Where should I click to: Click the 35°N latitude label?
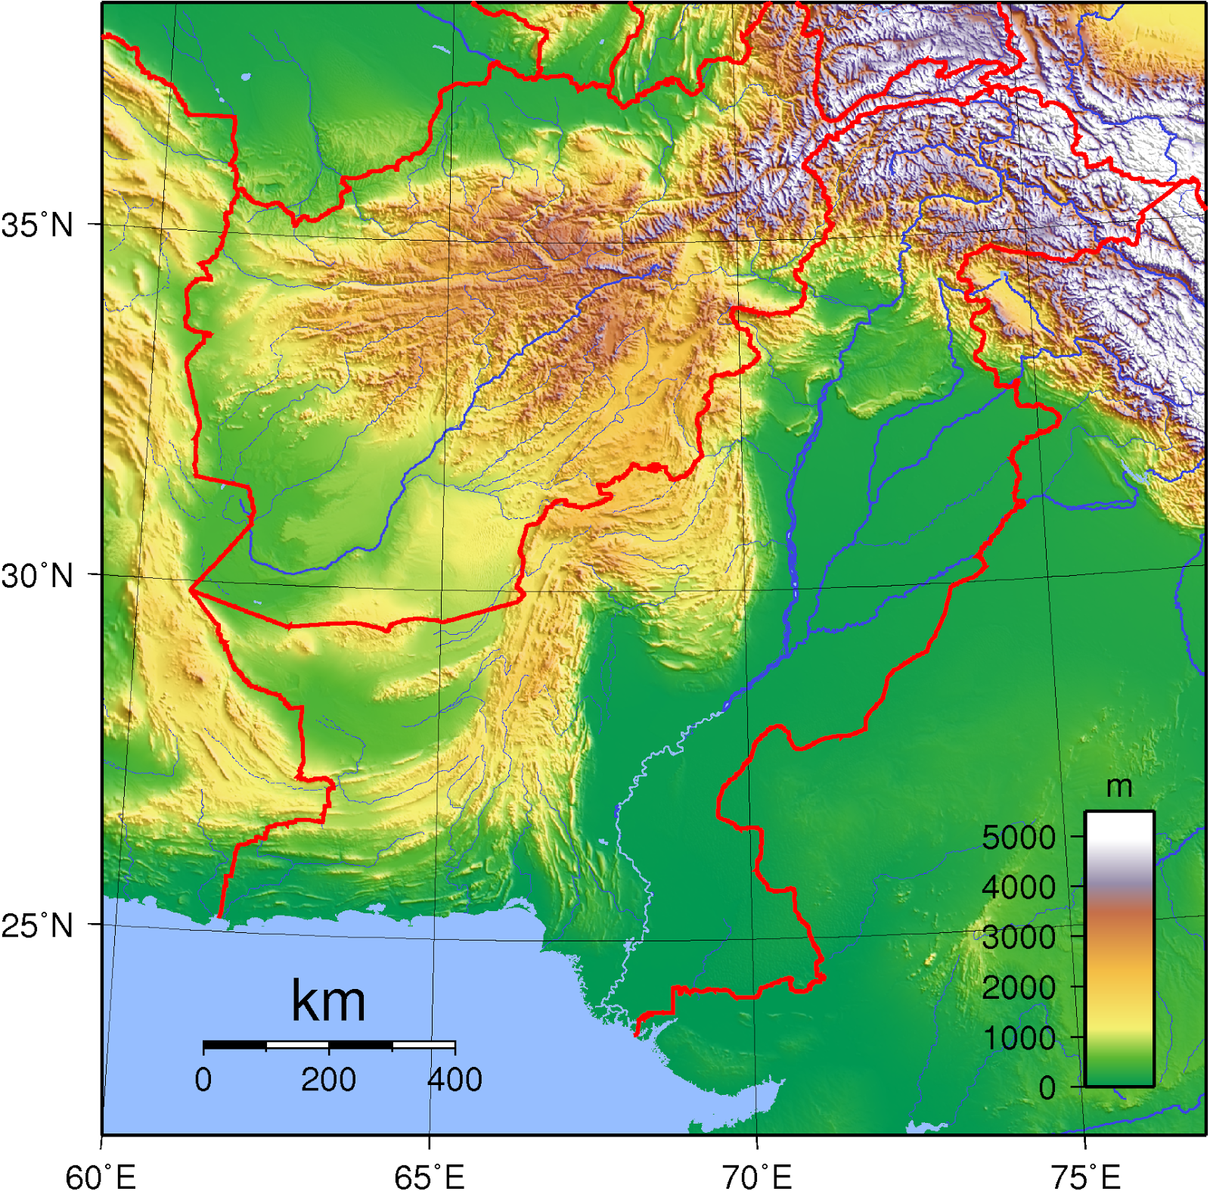click(37, 225)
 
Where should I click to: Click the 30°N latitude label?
click(37, 577)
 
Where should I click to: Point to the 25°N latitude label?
click(37, 925)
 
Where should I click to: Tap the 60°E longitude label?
click(101, 1177)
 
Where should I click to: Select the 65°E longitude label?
click(429, 1177)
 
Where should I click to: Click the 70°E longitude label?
click(757, 1177)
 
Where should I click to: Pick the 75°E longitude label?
click(1085, 1177)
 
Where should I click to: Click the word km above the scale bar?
click(328, 1001)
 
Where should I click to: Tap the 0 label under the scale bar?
click(203, 1079)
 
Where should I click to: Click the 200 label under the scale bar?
click(328, 1079)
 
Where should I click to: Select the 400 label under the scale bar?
click(455, 1079)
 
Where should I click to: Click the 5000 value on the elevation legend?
click(1018, 838)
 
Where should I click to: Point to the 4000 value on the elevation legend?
click(1018, 887)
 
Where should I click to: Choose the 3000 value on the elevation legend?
click(1018, 937)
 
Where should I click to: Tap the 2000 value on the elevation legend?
click(1018, 987)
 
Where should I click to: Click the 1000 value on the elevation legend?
click(1018, 1037)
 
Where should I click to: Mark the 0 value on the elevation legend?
click(1047, 1087)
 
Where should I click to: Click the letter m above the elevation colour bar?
click(1119, 787)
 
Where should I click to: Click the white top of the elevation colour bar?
click(1119, 825)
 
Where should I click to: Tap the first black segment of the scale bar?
click(234, 1046)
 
